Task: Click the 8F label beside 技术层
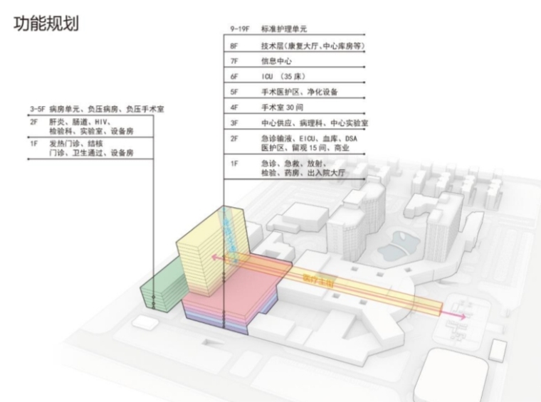(x=233, y=46)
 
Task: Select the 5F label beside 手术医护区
(x=233, y=92)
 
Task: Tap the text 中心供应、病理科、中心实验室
(x=313, y=124)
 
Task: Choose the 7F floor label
(x=233, y=62)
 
